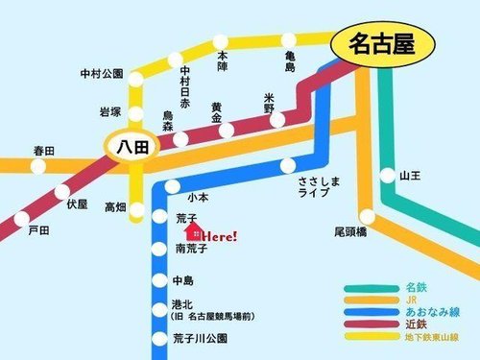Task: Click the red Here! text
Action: click(x=221, y=235)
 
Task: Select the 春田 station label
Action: click(x=44, y=151)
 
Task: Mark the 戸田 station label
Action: click(x=37, y=230)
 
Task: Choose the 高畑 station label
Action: click(x=115, y=206)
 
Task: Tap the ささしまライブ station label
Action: click(x=314, y=186)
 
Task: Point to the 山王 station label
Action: click(x=412, y=176)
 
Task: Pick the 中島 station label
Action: click(x=182, y=280)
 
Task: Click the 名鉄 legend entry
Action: click(x=416, y=287)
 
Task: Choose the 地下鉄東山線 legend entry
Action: click(x=432, y=339)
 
